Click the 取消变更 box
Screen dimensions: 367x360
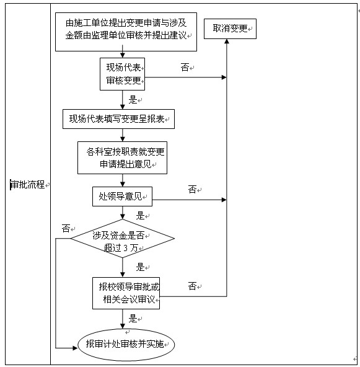[x=230, y=29]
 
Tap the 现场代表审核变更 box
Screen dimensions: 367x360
[x=123, y=74]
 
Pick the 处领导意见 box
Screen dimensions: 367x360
[x=121, y=197]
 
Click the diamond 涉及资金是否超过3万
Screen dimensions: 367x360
[x=122, y=239]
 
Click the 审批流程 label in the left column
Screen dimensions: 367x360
[x=28, y=185]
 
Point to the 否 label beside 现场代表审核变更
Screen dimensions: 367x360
[x=185, y=68]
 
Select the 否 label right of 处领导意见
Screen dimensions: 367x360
[x=192, y=189]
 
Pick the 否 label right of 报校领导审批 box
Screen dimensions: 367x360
[x=192, y=286]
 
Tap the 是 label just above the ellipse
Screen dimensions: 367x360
[x=133, y=319]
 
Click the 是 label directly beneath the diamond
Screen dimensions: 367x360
[x=140, y=267]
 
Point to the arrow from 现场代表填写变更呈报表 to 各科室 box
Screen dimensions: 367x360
[x=123, y=135]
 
